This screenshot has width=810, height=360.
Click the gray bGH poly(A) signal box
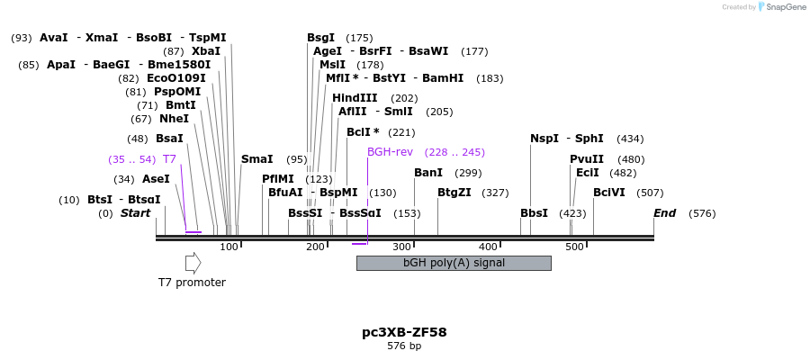click(x=454, y=263)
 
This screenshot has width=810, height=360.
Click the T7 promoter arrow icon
click(x=193, y=263)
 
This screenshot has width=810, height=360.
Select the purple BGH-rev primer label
click(x=390, y=152)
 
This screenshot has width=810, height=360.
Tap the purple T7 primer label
click(x=169, y=159)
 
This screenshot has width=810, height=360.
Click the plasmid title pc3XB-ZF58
click(x=404, y=332)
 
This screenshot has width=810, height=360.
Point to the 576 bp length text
click(x=404, y=346)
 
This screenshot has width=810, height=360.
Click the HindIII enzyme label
click(x=355, y=98)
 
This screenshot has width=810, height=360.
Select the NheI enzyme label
click(x=174, y=119)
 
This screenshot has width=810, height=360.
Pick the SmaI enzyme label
click(x=256, y=159)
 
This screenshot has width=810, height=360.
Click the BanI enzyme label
click(x=428, y=173)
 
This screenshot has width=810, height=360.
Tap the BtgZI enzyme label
click(x=454, y=193)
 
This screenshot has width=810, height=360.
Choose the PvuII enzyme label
click(x=587, y=159)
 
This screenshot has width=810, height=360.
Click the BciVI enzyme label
click(x=609, y=193)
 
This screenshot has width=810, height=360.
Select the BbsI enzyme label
click(x=534, y=213)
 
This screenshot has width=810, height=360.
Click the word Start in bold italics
click(x=135, y=213)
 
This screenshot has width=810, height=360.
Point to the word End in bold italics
click(x=664, y=213)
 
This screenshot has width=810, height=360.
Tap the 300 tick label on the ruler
click(x=401, y=247)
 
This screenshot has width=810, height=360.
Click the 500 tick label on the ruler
click(x=574, y=247)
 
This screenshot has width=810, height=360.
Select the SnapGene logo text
click(x=787, y=7)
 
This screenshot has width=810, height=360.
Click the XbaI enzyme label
click(x=205, y=51)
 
